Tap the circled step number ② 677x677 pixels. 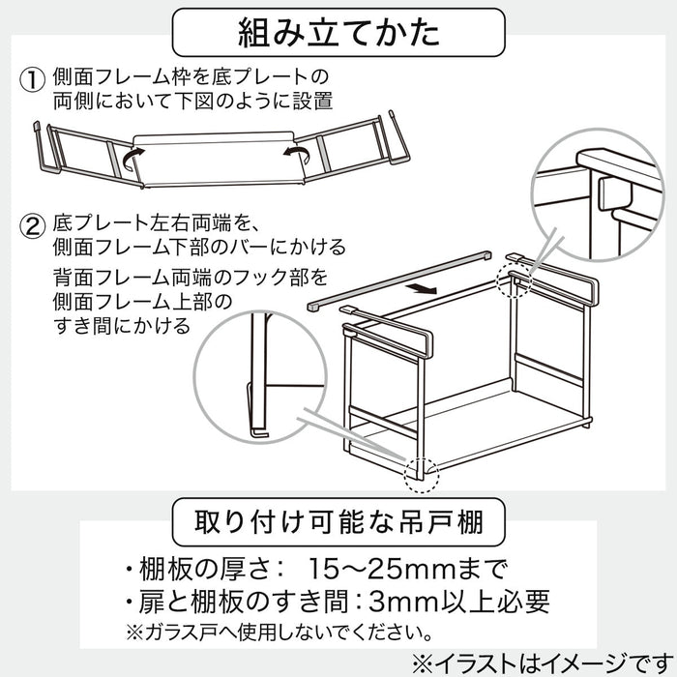pos(34,228)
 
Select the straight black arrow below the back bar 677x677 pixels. pos(419,287)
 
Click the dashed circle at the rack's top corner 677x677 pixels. pos(513,275)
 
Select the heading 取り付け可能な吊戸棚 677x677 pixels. pos(338,523)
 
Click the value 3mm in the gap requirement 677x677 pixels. pos(400,600)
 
